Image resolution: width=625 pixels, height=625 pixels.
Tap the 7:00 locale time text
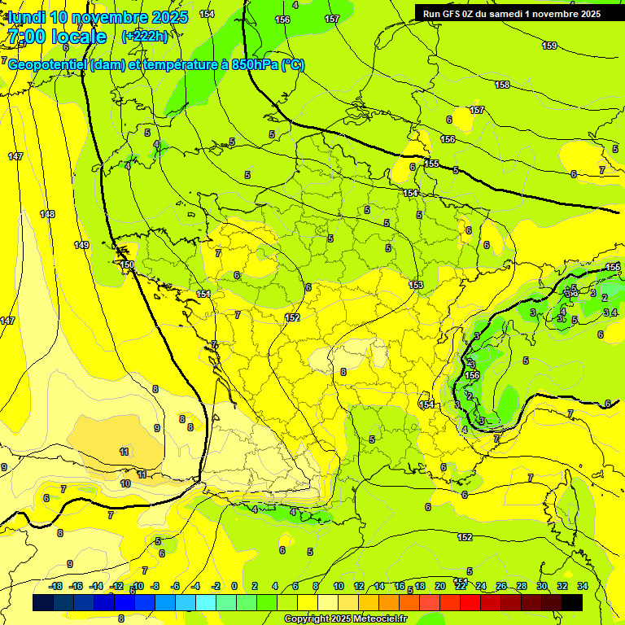(x=57, y=37)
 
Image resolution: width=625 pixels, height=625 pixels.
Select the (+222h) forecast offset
(x=145, y=37)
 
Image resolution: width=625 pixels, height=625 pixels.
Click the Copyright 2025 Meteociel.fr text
(x=345, y=619)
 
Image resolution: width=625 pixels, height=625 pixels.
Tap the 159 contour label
(x=549, y=46)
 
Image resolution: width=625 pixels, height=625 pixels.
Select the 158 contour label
(x=502, y=85)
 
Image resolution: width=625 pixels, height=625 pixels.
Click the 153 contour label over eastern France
(x=416, y=285)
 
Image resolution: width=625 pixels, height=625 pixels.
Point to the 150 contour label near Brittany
(x=126, y=264)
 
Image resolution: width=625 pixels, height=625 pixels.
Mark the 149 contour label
(x=81, y=245)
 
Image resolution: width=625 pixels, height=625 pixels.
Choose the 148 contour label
(x=47, y=214)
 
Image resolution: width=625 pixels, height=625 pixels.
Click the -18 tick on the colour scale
(x=55, y=586)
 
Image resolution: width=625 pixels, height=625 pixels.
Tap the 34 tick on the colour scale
(x=583, y=586)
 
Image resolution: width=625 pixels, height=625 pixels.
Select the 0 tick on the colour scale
(x=234, y=586)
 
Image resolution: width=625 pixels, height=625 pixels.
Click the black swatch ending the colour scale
(x=572, y=602)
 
